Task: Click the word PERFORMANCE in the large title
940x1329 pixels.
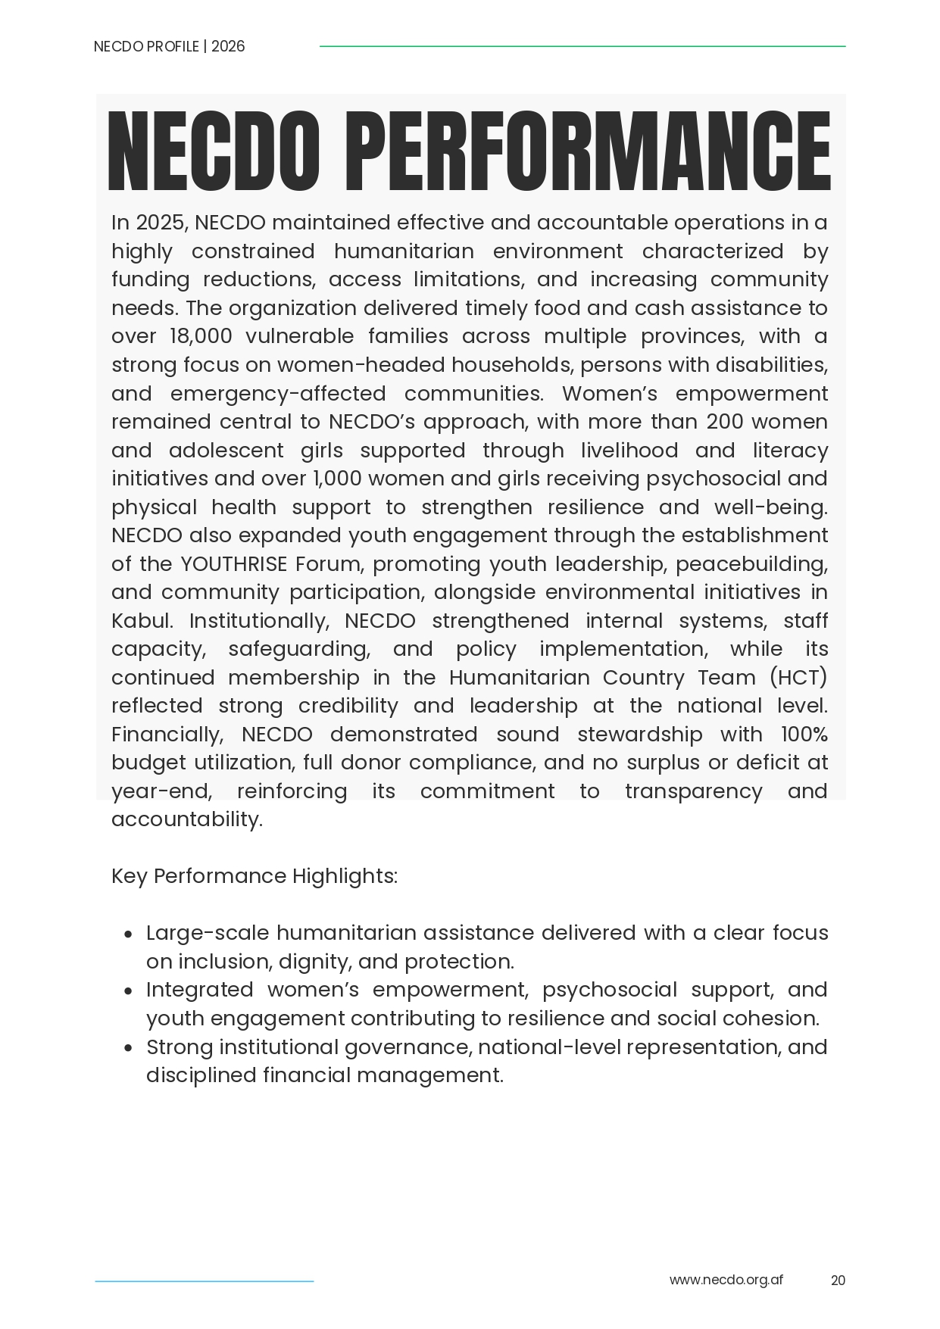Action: tap(592, 151)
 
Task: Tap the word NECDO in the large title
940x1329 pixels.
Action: tap(214, 151)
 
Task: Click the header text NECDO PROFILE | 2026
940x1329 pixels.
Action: tap(169, 46)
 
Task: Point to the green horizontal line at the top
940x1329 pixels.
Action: tap(582, 46)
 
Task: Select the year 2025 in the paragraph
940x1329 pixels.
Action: tap(161, 223)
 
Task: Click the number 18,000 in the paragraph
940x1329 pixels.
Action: tap(201, 336)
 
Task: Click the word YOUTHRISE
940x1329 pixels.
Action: tap(234, 564)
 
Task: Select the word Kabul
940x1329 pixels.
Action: tap(141, 621)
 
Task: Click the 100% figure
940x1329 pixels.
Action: tap(804, 735)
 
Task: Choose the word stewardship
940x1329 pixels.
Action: tap(639, 735)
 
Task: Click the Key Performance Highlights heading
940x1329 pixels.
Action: tap(255, 876)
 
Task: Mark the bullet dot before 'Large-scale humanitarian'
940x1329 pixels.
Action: tap(129, 934)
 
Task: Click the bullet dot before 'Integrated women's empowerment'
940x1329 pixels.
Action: tap(129, 991)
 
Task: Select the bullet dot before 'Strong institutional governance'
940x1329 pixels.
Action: tap(129, 1048)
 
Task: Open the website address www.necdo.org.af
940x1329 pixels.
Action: tap(726, 1280)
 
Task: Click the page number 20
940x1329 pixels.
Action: tap(838, 1281)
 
